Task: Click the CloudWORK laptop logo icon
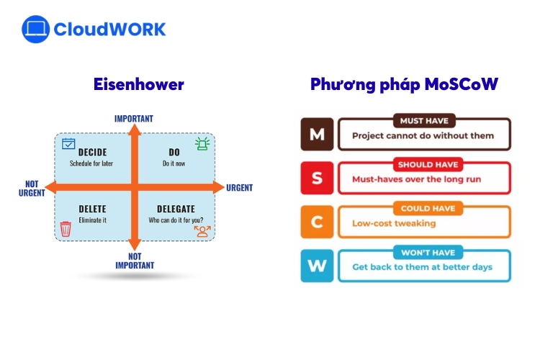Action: (35, 30)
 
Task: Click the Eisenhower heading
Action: (139, 84)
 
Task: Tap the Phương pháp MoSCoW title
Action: (404, 84)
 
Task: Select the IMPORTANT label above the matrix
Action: (134, 119)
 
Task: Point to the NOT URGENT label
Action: (31, 188)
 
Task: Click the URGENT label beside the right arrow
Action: (240, 188)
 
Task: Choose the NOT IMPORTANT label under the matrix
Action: (135, 261)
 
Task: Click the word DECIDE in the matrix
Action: (92, 152)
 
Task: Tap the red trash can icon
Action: (66, 229)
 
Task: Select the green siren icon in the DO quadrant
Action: (202, 144)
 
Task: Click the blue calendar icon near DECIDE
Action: (68, 144)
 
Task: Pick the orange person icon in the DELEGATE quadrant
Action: (202, 230)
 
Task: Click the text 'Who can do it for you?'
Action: (176, 220)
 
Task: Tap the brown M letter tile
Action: (317, 134)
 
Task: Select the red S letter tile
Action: (317, 178)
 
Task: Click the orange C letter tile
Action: (317, 222)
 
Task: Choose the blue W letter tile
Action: (317, 266)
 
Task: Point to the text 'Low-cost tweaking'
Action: (394, 223)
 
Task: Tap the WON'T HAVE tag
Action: (428, 253)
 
